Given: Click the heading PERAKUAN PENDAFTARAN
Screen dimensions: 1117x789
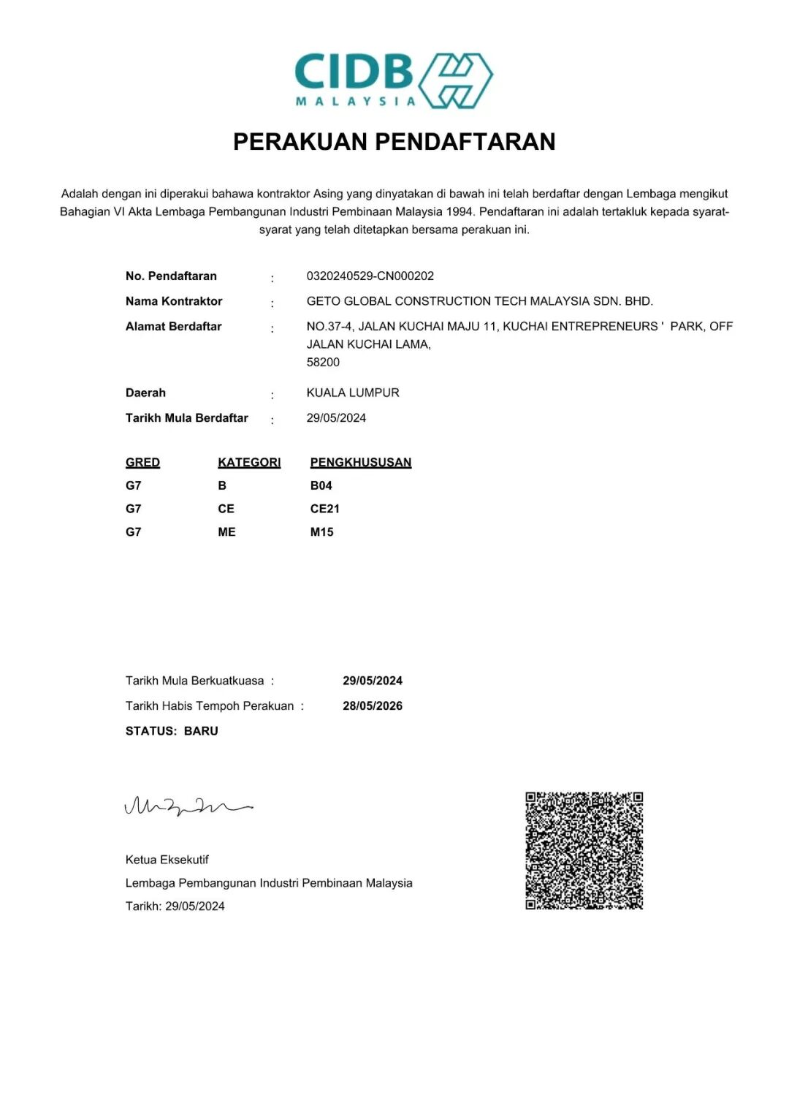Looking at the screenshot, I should (394, 142).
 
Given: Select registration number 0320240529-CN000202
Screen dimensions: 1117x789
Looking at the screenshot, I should (370, 276).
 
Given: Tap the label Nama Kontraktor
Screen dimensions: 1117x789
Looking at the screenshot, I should (174, 301).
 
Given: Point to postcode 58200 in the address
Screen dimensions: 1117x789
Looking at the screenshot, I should (323, 363).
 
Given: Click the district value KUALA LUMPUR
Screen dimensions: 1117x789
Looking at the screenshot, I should (353, 393).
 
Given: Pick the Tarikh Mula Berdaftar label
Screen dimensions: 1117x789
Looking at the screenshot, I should (187, 418).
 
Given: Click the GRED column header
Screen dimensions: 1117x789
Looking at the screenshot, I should (142, 463).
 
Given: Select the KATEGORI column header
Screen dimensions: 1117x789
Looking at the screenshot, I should (249, 463).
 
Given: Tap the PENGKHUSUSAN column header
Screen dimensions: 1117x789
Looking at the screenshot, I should (361, 463).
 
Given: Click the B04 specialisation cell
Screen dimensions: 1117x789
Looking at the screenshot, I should (321, 486).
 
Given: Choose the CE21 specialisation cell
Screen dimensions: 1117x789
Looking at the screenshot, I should (325, 510).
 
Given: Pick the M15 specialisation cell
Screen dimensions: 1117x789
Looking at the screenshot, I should (322, 533).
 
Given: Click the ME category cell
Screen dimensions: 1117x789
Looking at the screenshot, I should (226, 533).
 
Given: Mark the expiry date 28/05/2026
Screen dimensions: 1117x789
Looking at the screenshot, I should (373, 706).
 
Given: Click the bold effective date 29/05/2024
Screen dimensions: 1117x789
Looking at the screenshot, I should (373, 681).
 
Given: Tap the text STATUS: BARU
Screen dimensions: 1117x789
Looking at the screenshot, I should (172, 731).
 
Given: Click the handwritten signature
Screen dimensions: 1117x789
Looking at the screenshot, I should (188, 806).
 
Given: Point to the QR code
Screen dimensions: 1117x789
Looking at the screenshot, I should (584, 851).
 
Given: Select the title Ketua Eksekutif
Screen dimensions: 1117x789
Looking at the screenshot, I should (167, 860).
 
